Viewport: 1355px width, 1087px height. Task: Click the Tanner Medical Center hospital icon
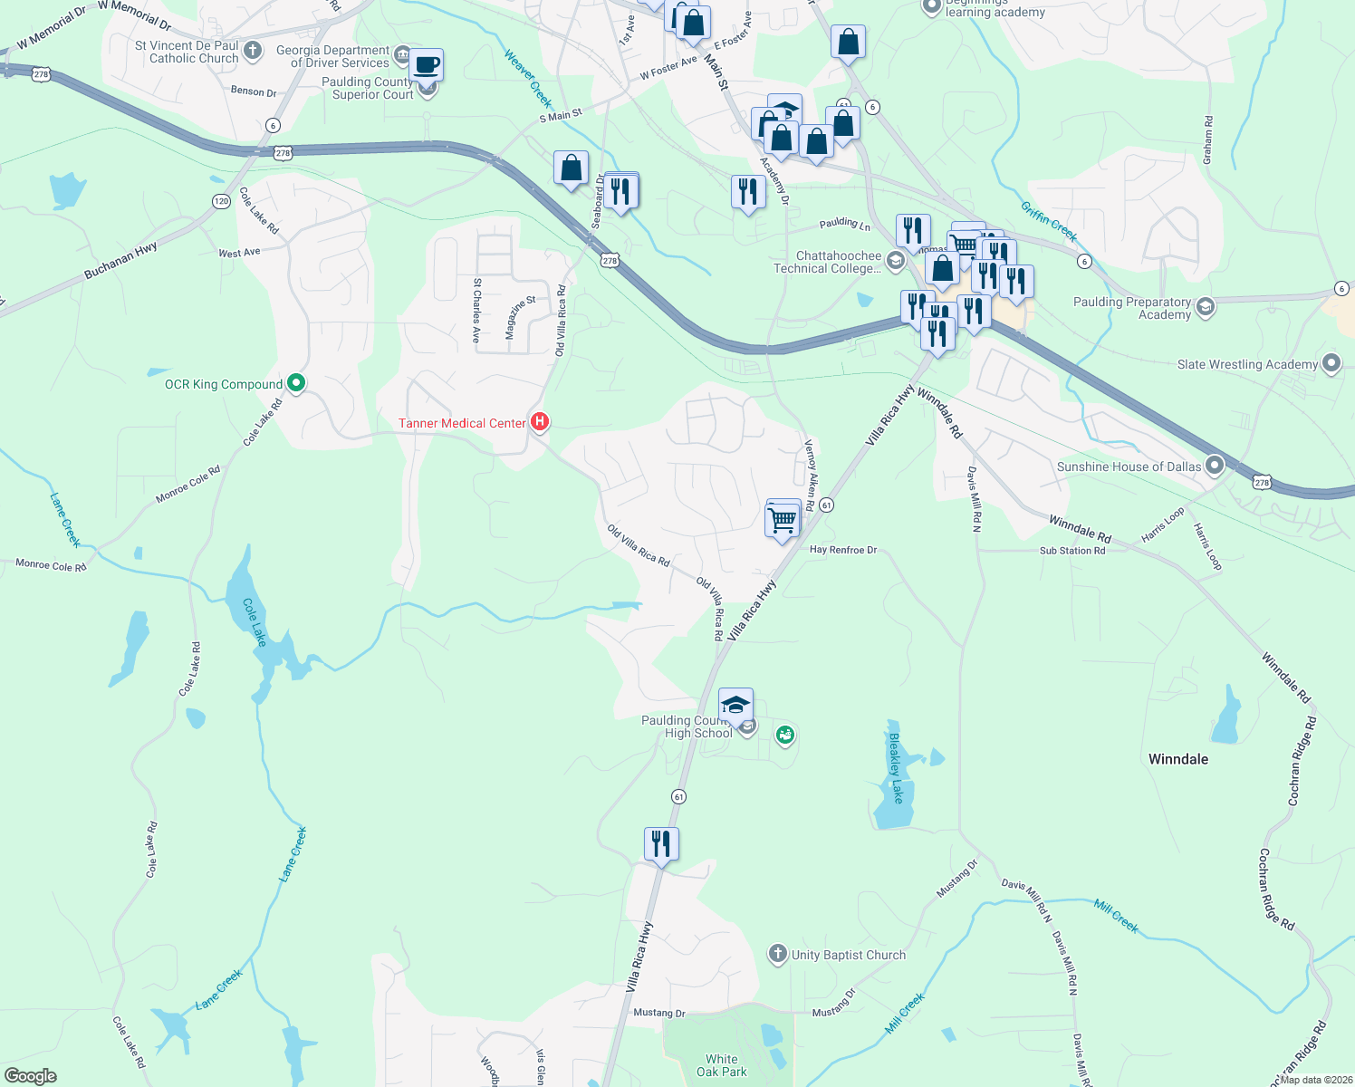point(540,421)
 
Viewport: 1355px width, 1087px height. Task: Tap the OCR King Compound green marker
point(295,383)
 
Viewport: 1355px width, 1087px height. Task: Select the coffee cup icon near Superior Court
point(426,65)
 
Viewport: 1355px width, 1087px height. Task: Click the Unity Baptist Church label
point(848,955)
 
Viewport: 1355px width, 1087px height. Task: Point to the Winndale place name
point(1177,759)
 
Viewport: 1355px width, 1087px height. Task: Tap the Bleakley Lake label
point(896,768)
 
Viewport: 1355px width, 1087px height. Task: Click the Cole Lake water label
point(254,621)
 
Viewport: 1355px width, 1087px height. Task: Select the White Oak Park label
point(722,1065)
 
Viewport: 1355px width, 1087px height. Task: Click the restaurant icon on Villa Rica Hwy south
point(661,844)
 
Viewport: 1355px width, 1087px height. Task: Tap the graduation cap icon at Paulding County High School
point(735,705)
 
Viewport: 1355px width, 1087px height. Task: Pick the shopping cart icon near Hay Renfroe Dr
point(782,521)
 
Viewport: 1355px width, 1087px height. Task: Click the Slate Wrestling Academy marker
point(1331,364)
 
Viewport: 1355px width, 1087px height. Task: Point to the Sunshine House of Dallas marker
point(1215,467)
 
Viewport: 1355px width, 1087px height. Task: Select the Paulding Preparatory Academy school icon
point(1205,307)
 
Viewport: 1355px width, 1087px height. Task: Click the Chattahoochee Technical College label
point(827,262)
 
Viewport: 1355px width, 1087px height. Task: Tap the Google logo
point(31,1076)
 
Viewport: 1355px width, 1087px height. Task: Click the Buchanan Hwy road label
point(120,260)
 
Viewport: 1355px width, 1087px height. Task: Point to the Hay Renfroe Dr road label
point(843,550)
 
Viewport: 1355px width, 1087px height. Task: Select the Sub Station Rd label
point(1072,551)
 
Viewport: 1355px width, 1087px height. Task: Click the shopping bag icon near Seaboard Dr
point(571,168)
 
